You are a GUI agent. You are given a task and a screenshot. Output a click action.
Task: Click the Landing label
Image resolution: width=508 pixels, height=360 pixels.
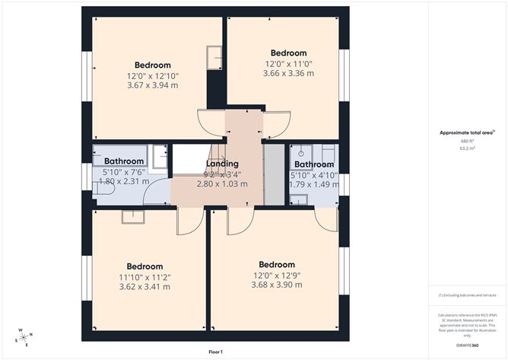coord(221,164)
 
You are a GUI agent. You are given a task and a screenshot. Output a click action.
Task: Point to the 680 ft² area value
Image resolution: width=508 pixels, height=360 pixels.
coord(467,141)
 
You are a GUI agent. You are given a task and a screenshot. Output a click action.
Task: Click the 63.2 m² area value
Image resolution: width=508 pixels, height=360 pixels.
coord(467,150)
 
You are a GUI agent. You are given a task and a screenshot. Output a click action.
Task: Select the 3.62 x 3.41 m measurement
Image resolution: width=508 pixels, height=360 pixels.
coord(144,287)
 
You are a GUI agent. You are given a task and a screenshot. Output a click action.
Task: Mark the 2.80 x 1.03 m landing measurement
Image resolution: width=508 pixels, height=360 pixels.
coord(222,183)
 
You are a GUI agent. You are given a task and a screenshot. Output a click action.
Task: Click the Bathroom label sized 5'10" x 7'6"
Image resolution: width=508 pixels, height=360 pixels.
coord(124,161)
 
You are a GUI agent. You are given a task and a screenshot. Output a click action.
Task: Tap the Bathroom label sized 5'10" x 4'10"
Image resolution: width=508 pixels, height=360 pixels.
coord(314,164)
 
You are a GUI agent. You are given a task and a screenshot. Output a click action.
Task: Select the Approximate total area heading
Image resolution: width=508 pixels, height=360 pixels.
coord(467,132)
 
